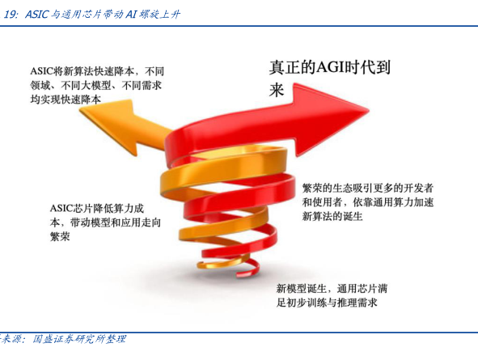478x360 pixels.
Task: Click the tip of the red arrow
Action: [x=369, y=110]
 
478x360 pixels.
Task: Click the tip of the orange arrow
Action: [x=80, y=110]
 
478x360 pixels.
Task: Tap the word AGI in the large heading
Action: [x=331, y=67]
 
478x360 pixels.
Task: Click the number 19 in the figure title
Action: [x=11, y=15]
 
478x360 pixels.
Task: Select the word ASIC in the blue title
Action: [x=36, y=15]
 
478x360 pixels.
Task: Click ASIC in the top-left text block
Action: [x=41, y=71]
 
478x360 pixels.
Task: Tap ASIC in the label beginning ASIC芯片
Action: [x=61, y=209]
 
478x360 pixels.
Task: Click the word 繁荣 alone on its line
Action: [x=60, y=236]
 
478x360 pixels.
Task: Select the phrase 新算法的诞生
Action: [x=332, y=216]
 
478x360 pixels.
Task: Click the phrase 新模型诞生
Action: [x=301, y=288]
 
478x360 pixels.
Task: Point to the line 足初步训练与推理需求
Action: [x=327, y=303]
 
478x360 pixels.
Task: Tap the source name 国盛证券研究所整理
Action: [x=79, y=339]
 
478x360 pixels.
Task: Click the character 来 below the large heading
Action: [x=277, y=90]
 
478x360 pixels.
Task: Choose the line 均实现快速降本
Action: [x=66, y=99]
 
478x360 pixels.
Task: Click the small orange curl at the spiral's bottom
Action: [x=220, y=264]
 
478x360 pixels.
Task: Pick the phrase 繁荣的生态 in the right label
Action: [x=328, y=188]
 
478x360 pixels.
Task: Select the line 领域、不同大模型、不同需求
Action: [x=95, y=86]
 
